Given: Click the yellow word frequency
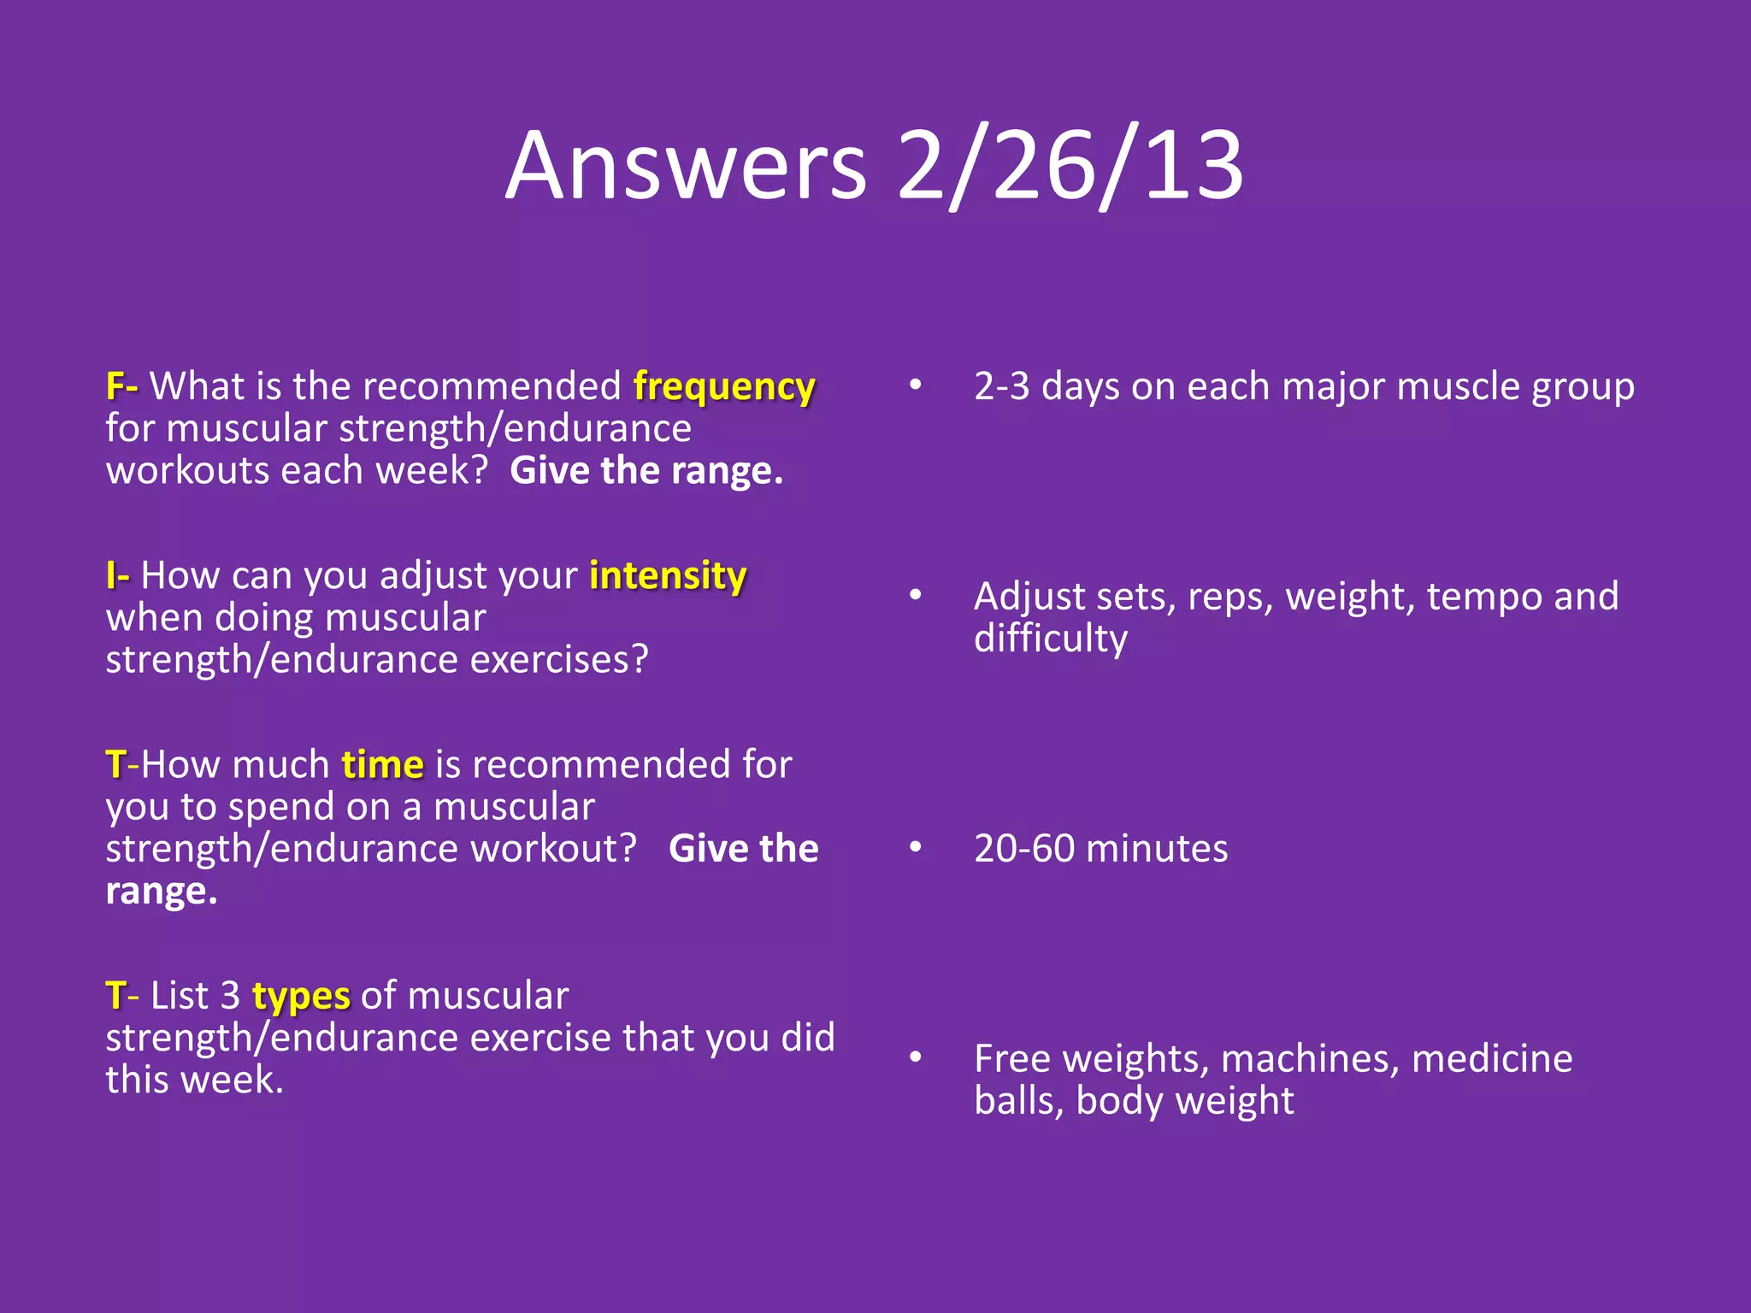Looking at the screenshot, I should tap(724, 387).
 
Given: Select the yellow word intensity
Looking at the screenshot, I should tap(668, 576).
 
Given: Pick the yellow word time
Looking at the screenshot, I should tap(382, 765).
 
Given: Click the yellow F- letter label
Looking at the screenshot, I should tap(121, 386).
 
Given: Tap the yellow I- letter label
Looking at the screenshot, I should tap(117, 575).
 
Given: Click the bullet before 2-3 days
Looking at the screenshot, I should tap(915, 386).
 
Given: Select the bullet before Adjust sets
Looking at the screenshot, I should tap(915, 595).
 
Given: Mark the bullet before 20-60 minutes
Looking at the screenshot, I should tap(915, 848).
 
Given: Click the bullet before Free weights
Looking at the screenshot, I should tap(915, 1057).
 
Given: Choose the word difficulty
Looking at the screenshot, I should tap(1050, 639).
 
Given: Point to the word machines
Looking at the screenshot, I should tap(1310, 1059).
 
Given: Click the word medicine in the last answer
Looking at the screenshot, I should tap(1491, 1059).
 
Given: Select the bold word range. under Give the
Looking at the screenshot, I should tap(161, 892).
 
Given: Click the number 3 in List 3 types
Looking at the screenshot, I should tap(230, 997).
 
